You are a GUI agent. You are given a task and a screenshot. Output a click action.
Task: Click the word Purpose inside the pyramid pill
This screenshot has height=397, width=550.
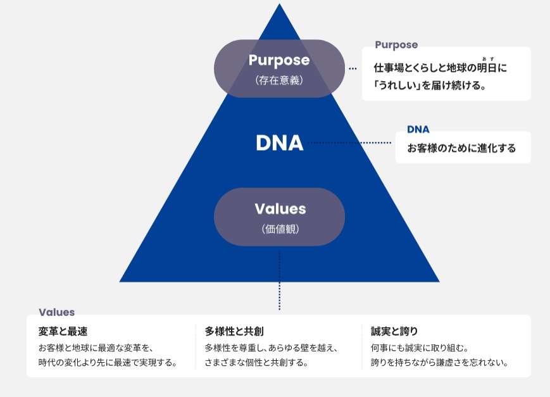(279, 60)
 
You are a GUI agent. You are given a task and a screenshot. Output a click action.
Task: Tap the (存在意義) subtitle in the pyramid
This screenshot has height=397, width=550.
(279, 80)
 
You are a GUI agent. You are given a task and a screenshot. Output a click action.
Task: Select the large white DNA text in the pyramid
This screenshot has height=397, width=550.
(279, 143)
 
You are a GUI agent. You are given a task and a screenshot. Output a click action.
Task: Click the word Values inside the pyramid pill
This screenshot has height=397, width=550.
(280, 209)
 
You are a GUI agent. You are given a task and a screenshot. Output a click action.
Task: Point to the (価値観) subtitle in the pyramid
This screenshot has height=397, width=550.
(280, 229)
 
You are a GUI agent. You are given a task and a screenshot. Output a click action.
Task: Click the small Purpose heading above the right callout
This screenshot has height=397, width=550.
(396, 45)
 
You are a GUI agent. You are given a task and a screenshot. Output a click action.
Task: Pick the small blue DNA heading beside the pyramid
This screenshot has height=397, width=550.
(418, 130)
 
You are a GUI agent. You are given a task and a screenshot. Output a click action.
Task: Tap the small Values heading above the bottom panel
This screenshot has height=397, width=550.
(56, 312)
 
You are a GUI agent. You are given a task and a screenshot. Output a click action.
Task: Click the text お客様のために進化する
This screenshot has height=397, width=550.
(461, 149)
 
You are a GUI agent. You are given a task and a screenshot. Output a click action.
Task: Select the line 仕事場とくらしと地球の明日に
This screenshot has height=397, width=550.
(441, 68)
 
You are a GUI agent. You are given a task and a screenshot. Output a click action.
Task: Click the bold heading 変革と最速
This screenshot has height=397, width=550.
(63, 331)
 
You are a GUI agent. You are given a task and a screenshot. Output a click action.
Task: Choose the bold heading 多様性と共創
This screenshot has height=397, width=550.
(234, 331)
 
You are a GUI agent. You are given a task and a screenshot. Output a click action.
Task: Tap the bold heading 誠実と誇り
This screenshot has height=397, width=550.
(394, 331)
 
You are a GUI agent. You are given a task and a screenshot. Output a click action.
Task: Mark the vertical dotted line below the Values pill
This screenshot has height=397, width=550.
(279, 279)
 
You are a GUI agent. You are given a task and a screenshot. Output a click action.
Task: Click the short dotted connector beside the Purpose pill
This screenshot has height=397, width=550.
(353, 68)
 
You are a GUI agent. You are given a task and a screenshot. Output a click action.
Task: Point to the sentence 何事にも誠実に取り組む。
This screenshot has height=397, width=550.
(419, 348)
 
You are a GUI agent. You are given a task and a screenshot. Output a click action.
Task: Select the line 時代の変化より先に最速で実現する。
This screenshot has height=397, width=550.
(107, 363)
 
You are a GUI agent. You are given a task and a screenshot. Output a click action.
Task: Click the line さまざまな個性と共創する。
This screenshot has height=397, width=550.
(256, 363)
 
